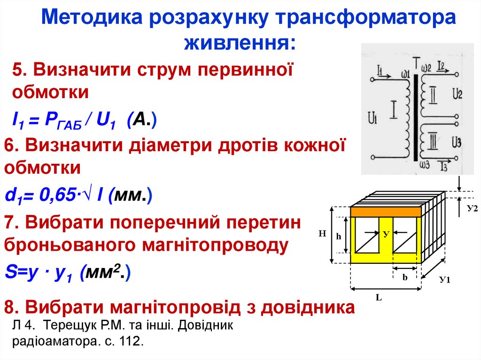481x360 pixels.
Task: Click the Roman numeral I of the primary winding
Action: (x=394, y=109)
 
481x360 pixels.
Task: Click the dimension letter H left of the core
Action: (x=322, y=232)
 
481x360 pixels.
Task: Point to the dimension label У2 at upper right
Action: (x=472, y=208)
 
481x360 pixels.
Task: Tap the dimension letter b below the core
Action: (x=404, y=277)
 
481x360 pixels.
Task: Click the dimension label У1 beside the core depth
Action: (x=445, y=280)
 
